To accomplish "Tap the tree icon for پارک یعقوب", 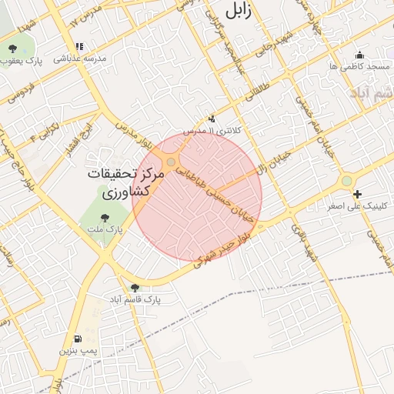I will click(x=13, y=49).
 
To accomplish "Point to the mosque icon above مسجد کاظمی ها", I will click(x=359, y=55).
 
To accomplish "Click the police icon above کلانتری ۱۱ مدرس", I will click(x=212, y=119).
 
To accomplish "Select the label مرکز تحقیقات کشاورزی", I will click(x=125, y=182).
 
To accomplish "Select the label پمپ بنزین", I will click(x=79, y=350).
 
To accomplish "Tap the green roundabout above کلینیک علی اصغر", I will click(x=347, y=180).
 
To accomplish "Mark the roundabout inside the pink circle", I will click(x=171, y=162).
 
